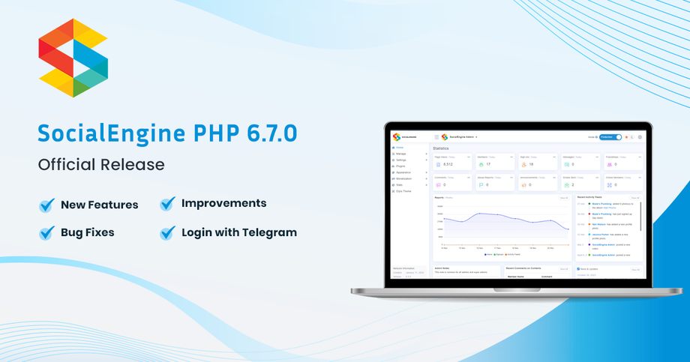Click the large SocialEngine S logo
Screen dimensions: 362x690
click(x=73, y=58)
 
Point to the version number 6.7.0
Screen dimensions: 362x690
click(x=271, y=133)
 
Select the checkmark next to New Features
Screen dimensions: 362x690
click(x=47, y=205)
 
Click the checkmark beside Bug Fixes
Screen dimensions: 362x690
click(x=47, y=233)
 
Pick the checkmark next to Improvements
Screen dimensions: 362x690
click(x=168, y=203)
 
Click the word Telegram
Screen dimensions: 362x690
click(x=266, y=232)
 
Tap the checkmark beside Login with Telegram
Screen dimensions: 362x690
click(x=168, y=232)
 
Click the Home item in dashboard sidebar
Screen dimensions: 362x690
click(x=399, y=148)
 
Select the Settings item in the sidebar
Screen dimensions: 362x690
click(x=401, y=160)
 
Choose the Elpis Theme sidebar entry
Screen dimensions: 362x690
click(x=403, y=191)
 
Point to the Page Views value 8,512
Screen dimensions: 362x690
click(x=448, y=164)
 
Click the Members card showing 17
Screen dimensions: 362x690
click(x=495, y=161)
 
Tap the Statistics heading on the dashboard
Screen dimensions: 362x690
click(x=441, y=148)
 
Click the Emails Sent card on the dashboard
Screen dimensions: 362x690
click(x=581, y=182)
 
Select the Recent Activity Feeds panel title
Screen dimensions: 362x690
click(x=590, y=198)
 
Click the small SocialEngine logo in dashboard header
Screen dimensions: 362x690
click(x=397, y=137)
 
